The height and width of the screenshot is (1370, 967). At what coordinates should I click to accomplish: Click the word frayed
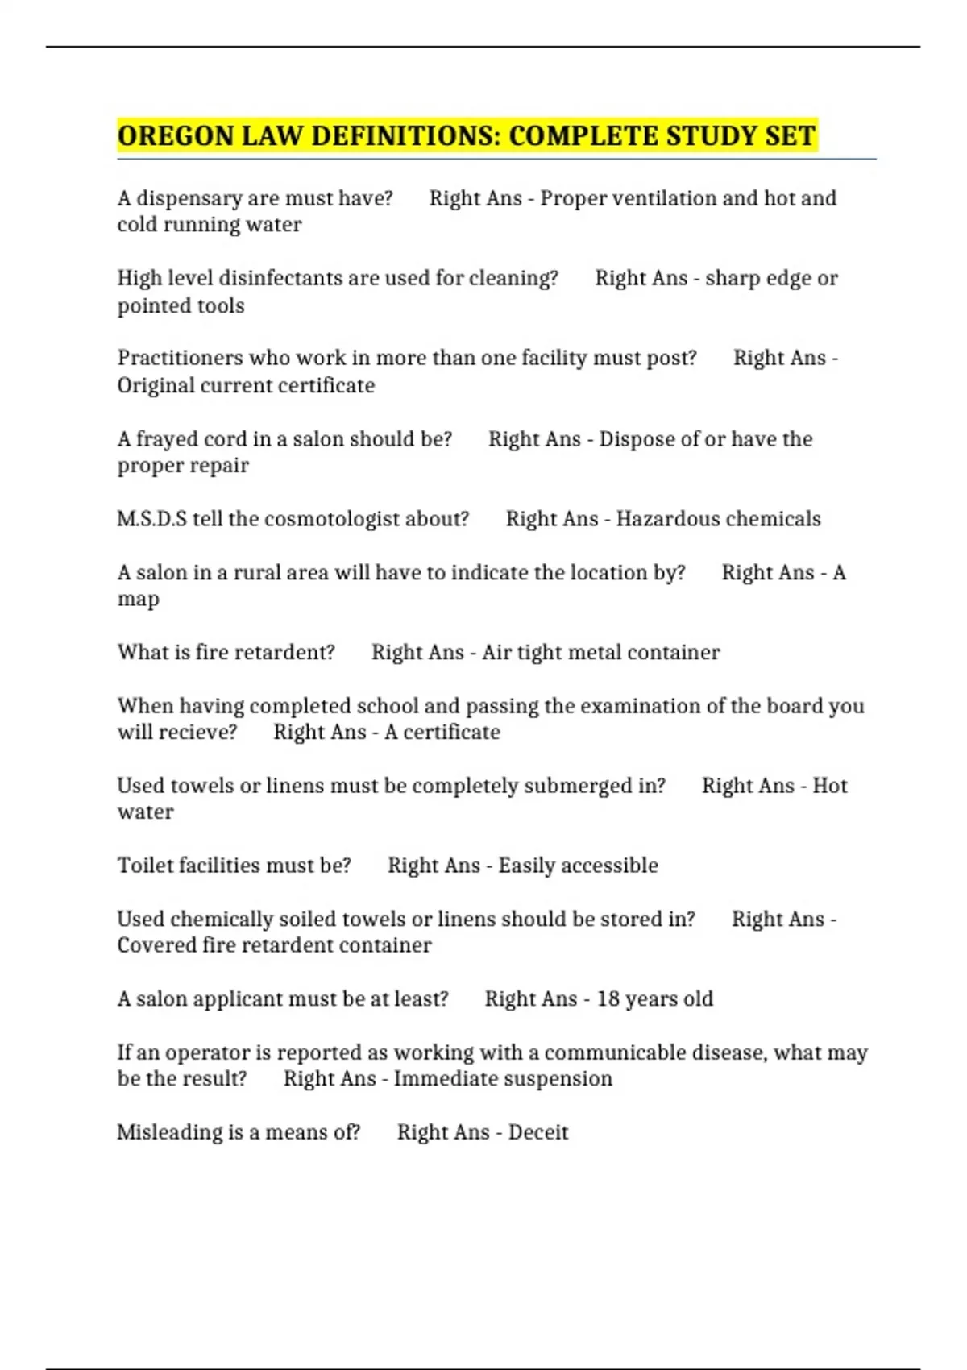[167, 439]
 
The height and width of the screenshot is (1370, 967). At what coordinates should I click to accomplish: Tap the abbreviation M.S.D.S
[151, 519]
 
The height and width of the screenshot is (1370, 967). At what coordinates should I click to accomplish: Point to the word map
[138, 600]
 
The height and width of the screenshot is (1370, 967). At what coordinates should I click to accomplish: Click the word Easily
[527, 866]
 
